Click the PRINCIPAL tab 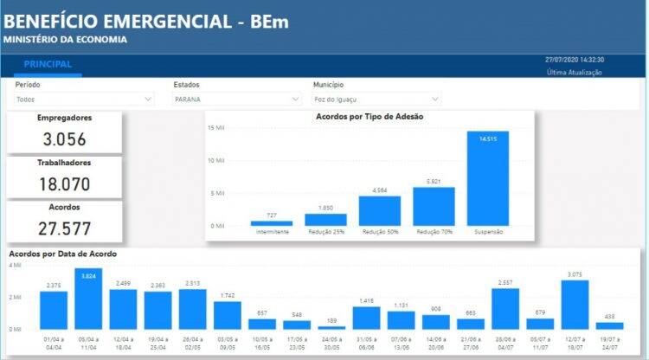[48, 65]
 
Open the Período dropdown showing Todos [84, 100]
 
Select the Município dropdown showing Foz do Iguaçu [376, 100]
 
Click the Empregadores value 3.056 [65, 139]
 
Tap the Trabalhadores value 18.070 [65, 183]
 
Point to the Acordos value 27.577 [65, 228]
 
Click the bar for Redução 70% [434, 207]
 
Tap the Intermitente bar [272, 223]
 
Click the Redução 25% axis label [325, 232]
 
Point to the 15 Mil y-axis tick [216, 128]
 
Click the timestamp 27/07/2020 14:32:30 [574, 60]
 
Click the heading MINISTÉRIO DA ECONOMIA [66, 39]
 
